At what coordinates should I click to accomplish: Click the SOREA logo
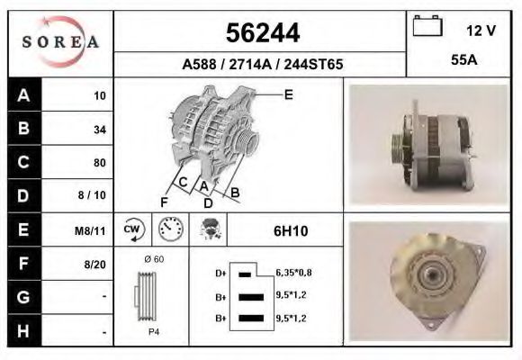tap(59, 43)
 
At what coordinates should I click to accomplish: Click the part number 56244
tap(262, 33)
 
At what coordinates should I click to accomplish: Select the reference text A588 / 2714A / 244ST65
tap(262, 65)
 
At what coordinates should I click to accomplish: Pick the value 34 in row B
tap(99, 129)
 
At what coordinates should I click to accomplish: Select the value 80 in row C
tap(99, 163)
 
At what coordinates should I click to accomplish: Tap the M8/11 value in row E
tap(93, 230)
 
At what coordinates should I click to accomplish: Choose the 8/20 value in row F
tap(95, 265)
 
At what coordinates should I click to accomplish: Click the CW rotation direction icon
tap(133, 230)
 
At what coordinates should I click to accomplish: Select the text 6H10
tap(290, 231)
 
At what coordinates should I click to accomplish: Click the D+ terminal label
tap(220, 273)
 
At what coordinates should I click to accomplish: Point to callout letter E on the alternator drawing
tap(288, 94)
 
